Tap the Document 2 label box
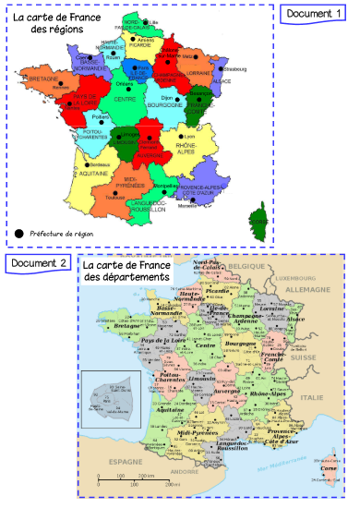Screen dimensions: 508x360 [x=38, y=264]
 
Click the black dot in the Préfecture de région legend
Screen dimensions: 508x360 [x=19, y=233]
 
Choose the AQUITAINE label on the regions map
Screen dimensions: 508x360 [x=79, y=174]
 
